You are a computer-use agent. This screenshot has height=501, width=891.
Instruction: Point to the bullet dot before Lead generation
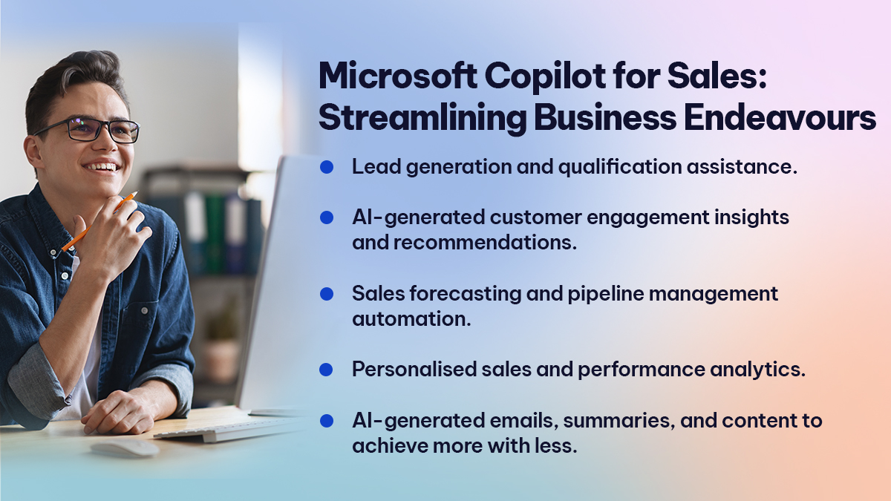coord(326,168)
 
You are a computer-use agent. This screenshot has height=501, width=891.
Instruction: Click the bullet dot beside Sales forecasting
coord(326,294)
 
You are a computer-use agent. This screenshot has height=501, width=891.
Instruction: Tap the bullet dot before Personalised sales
coord(326,369)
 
